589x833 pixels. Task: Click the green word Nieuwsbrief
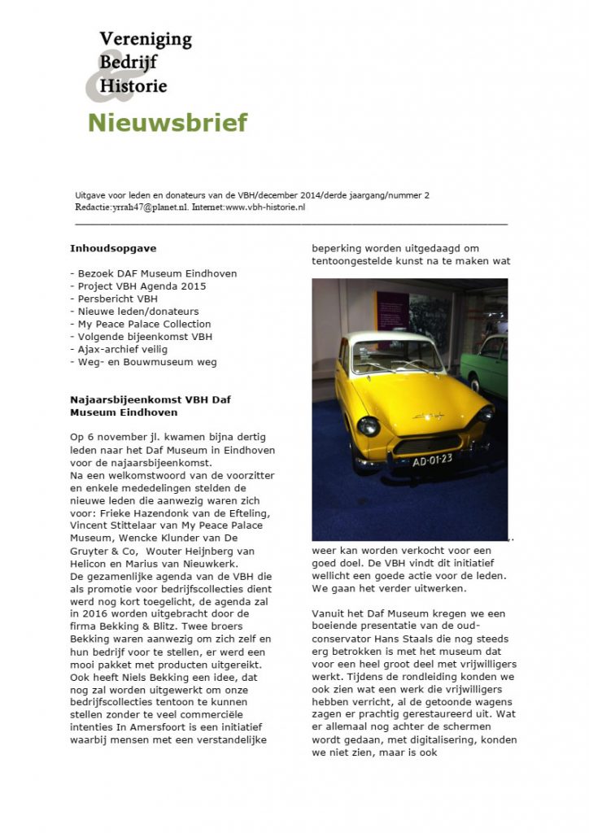(167, 124)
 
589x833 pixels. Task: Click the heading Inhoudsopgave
(113, 248)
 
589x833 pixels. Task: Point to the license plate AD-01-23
(432, 459)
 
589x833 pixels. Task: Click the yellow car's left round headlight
(369, 425)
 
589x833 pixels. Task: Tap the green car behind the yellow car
(488, 362)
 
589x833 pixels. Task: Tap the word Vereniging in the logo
(146, 38)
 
